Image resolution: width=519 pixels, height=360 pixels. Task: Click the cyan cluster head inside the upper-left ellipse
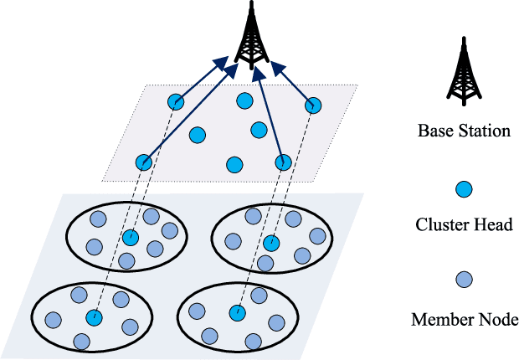tap(130, 239)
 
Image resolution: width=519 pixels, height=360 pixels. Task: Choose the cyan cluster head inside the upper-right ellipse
tap(270, 244)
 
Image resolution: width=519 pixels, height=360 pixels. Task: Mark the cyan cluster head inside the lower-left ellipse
tap(94, 317)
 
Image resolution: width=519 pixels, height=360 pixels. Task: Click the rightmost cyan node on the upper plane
tap(313, 105)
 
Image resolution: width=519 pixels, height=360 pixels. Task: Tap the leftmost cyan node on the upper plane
tap(144, 162)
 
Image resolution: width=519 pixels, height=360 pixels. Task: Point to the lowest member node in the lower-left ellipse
tap(82, 341)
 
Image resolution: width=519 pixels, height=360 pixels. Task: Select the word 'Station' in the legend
tap(487, 131)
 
